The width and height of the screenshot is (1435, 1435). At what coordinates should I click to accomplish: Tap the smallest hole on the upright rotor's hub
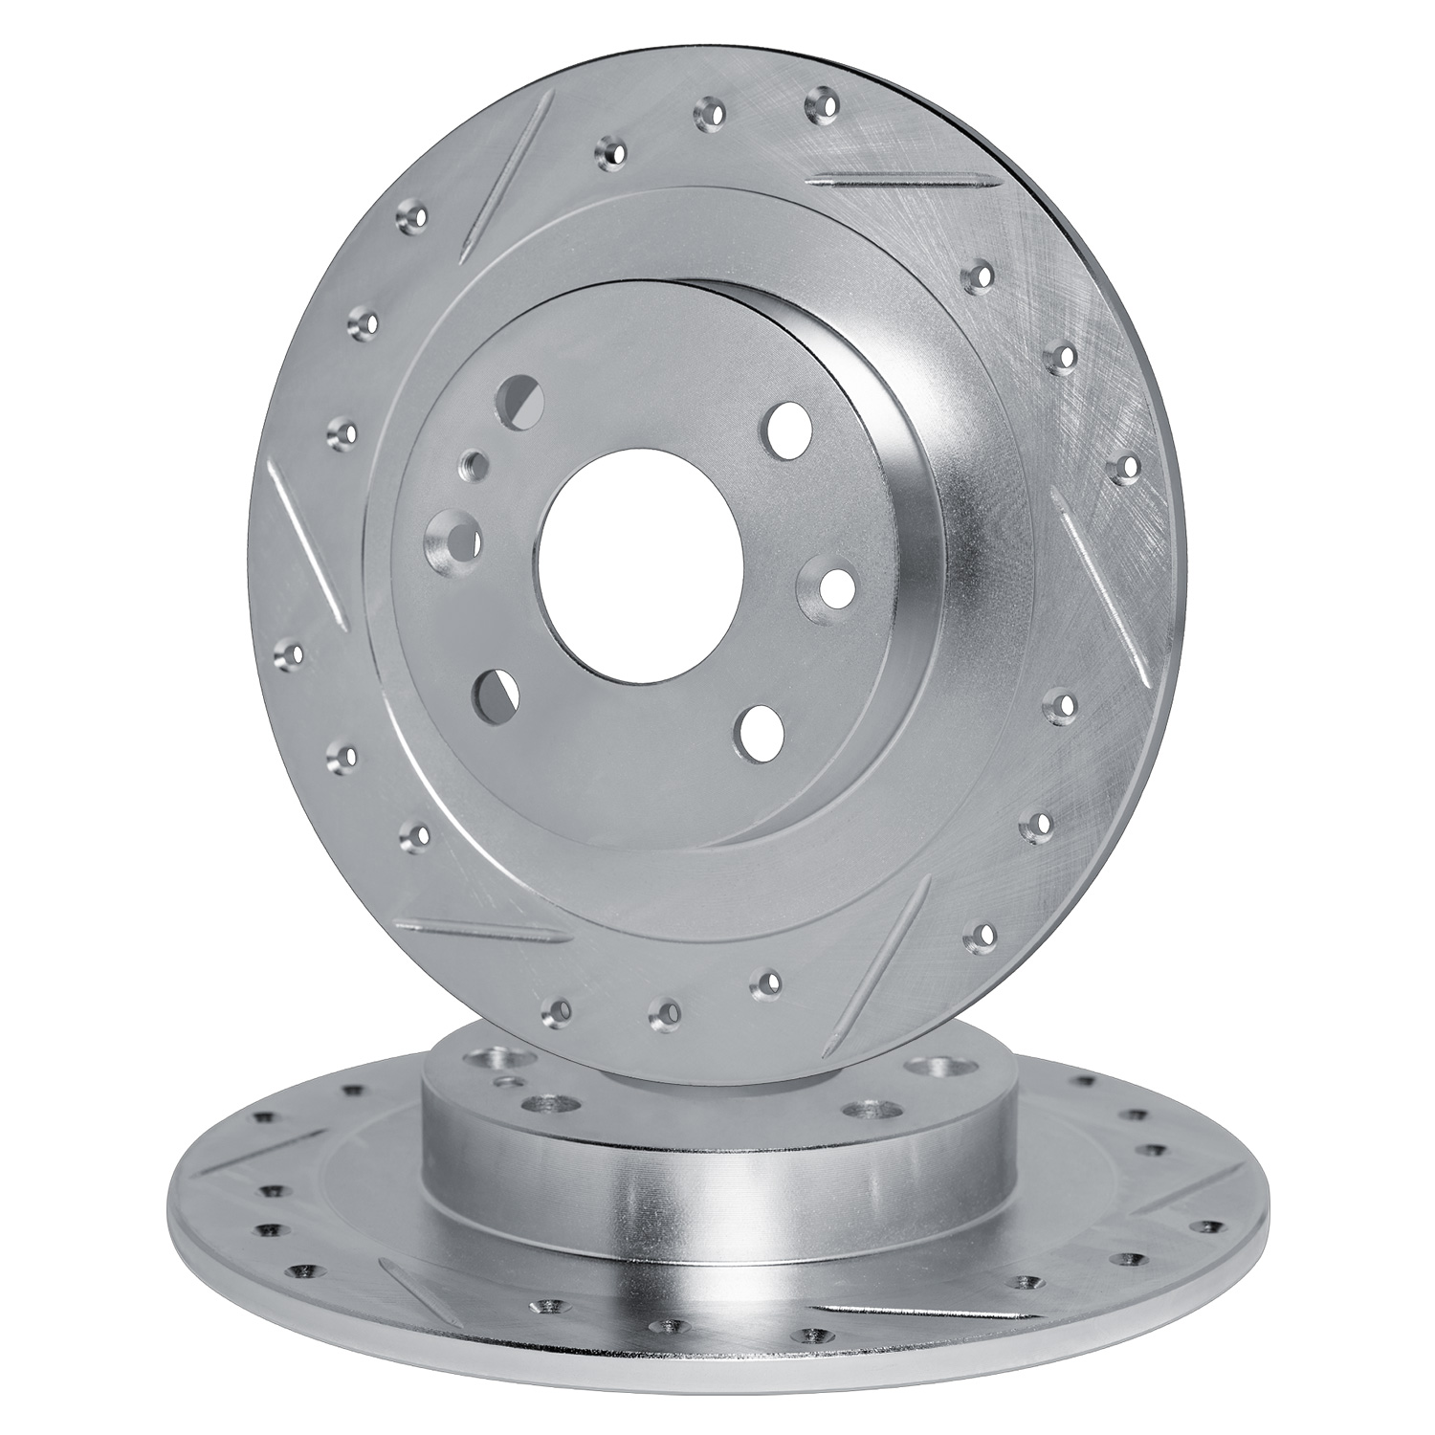tap(471, 466)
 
